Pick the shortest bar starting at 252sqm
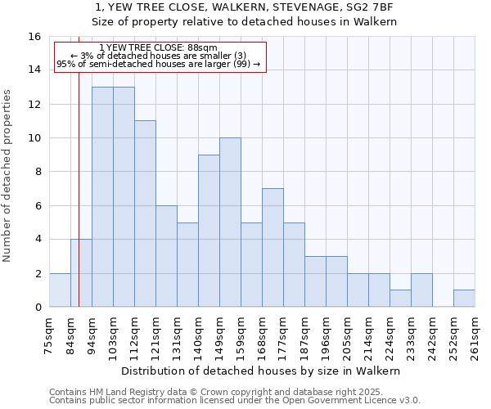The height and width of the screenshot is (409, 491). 464,299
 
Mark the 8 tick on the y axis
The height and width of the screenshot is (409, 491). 38,172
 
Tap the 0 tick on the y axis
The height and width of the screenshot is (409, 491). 38,308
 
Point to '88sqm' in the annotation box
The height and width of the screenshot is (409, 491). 201,48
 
